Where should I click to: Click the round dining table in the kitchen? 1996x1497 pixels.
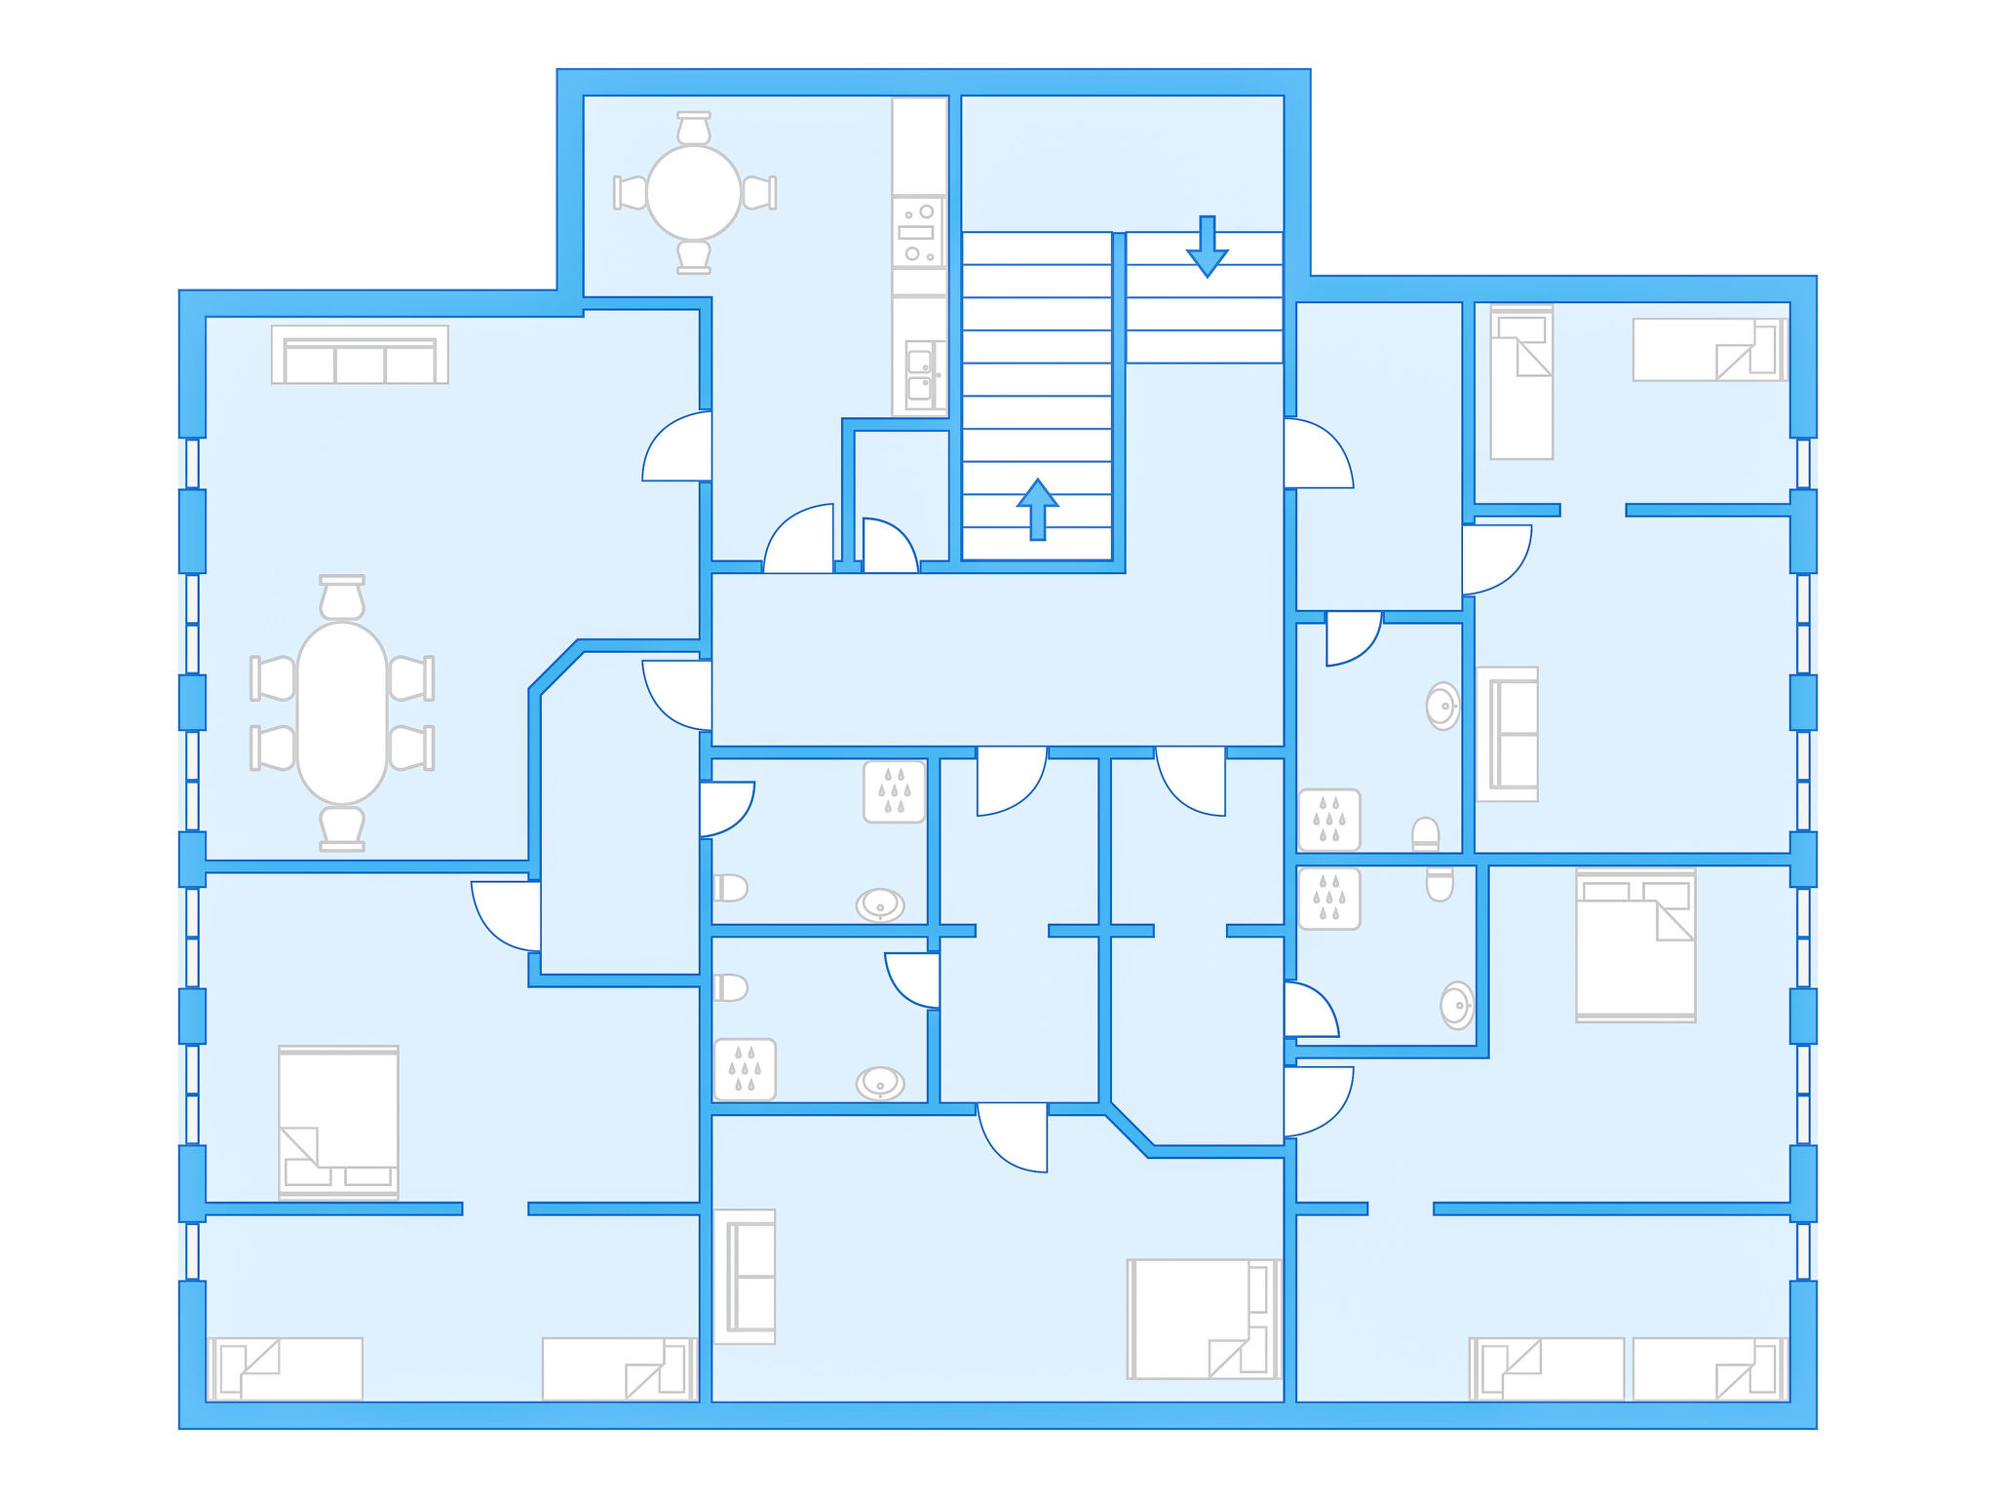coord(693,192)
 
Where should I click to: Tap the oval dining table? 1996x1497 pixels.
coord(342,712)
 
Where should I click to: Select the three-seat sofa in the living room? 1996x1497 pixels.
coord(360,356)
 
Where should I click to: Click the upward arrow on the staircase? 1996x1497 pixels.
coord(1038,508)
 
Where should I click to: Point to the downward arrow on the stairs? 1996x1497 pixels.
coord(1207,246)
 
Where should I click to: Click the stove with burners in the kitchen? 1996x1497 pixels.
coord(918,232)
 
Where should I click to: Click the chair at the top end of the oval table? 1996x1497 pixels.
coord(342,596)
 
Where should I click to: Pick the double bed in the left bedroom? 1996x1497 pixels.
coord(338,1121)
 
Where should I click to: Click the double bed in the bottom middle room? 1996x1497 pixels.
coord(1203,1318)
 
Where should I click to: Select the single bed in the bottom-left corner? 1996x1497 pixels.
coord(286,1368)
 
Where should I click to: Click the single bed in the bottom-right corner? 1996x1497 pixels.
coord(1709,1368)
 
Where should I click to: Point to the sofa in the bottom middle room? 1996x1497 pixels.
coord(745,1276)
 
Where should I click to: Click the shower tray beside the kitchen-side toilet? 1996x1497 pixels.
coord(894,791)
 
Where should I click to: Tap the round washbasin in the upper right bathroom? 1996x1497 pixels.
coord(1442,706)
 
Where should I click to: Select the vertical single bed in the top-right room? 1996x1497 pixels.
coord(1521,383)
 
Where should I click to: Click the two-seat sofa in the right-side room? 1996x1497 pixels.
coord(1507,734)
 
